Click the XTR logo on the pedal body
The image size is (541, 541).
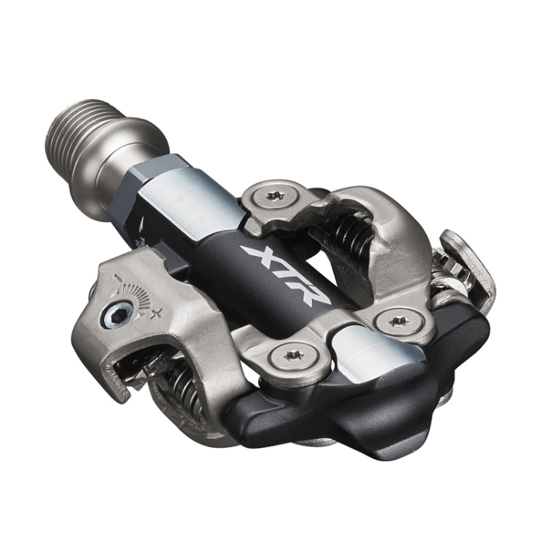pos(286,274)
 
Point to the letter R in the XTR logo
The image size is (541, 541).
pos(312,293)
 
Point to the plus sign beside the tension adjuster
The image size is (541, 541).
pos(158,314)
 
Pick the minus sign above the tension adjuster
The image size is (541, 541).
pos(118,278)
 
